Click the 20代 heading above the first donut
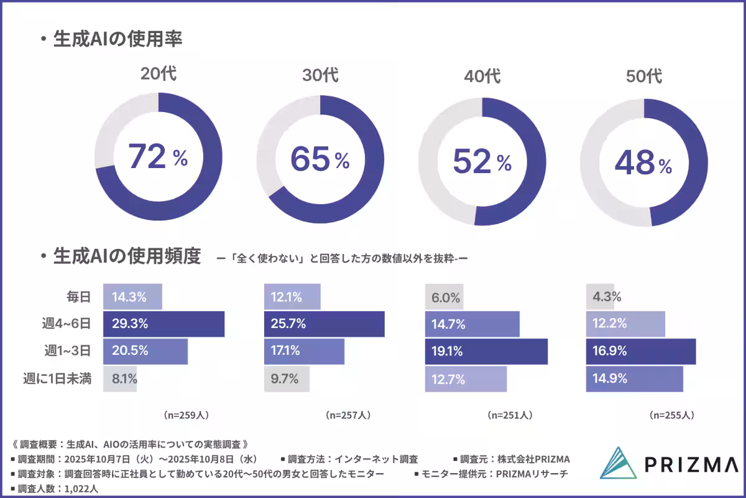pyautogui.click(x=158, y=74)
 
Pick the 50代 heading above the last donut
pyautogui.click(x=643, y=77)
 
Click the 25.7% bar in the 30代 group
pyautogui.click(x=324, y=324)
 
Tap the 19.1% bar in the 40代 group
pyautogui.click(x=486, y=352)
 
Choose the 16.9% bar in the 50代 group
pyautogui.click(x=641, y=352)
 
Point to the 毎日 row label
pyautogui.click(x=79, y=297)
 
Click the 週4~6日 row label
pyautogui.click(x=70, y=324)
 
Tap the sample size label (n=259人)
pyautogui.click(x=186, y=414)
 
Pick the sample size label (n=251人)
pyautogui.click(x=510, y=414)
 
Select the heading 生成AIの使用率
pyautogui.click(x=117, y=39)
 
